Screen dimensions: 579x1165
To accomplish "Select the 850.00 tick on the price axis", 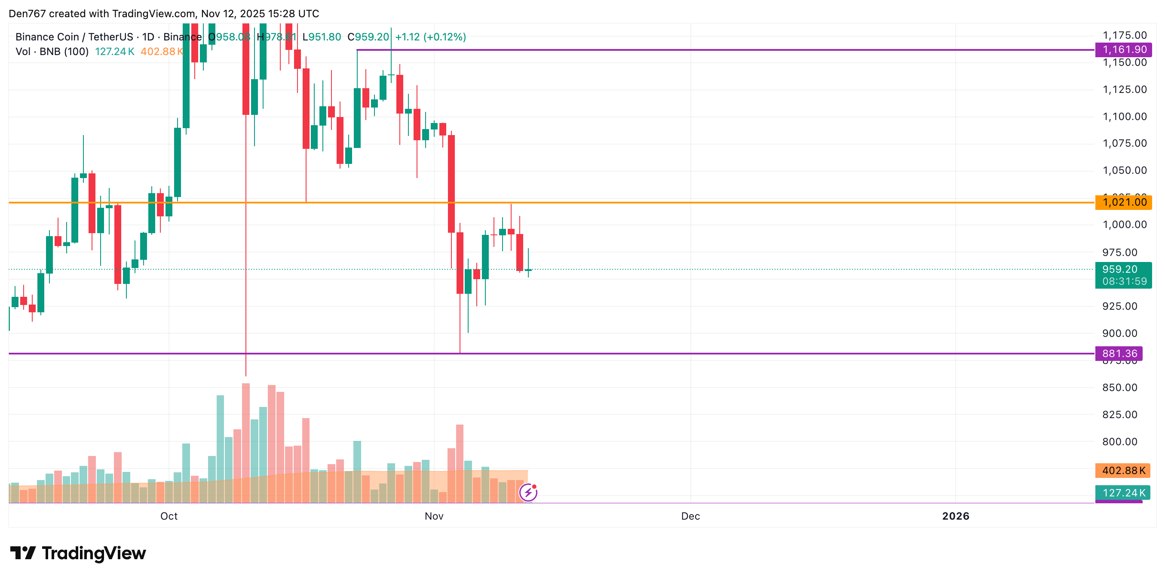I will [x=1119, y=388].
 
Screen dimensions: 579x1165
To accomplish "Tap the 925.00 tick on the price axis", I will [x=1119, y=306].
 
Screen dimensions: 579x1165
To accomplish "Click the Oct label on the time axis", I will [x=169, y=516].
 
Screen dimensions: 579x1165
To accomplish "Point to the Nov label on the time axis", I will [x=434, y=516].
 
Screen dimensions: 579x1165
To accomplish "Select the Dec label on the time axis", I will [x=690, y=516].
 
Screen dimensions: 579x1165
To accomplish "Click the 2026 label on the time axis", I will [x=955, y=516].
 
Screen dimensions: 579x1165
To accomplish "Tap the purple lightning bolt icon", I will [x=528, y=492].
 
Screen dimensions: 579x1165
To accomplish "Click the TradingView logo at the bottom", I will [x=78, y=553].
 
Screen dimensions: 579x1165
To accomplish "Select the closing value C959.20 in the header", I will [x=368, y=37].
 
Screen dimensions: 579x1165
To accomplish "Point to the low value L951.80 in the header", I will [x=322, y=37].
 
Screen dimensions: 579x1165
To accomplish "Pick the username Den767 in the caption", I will [x=27, y=14].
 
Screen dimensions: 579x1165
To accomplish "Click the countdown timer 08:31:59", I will [x=1124, y=281].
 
